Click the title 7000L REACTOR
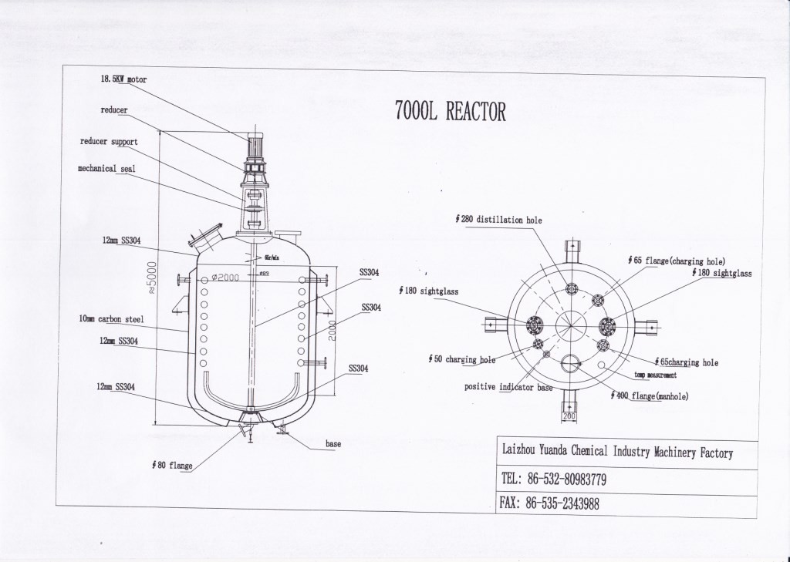click(451, 113)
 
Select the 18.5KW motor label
click(123, 79)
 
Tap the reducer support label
click(109, 142)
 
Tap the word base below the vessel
click(333, 444)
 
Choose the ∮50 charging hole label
click(461, 359)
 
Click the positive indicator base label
click(508, 387)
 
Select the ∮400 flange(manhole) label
click(649, 396)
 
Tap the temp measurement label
click(656, 375)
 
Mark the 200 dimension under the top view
click(569, 416)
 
